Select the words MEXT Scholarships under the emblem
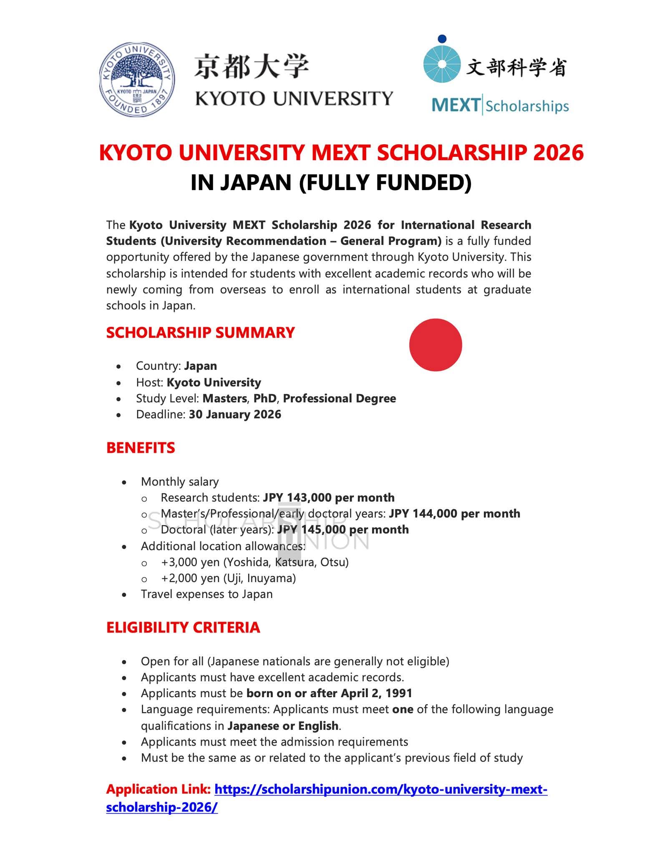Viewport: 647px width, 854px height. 500,106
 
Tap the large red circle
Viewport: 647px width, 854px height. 436,345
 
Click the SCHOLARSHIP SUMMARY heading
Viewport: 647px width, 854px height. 200,333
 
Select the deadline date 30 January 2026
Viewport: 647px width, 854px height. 235,414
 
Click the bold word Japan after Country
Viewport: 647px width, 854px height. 201,366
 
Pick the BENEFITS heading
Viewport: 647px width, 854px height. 141,448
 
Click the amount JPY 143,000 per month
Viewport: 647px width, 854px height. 329,497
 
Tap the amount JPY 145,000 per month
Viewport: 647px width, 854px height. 343,530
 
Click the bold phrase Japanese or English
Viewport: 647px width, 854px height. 283,726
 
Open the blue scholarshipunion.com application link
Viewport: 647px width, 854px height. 380,789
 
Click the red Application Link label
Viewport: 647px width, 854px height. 158,789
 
